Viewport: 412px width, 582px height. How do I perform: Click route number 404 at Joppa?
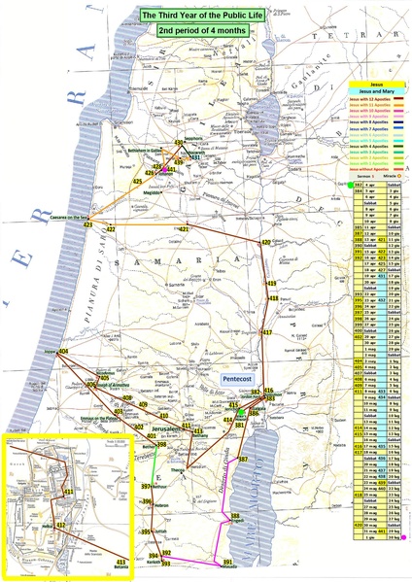65,351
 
